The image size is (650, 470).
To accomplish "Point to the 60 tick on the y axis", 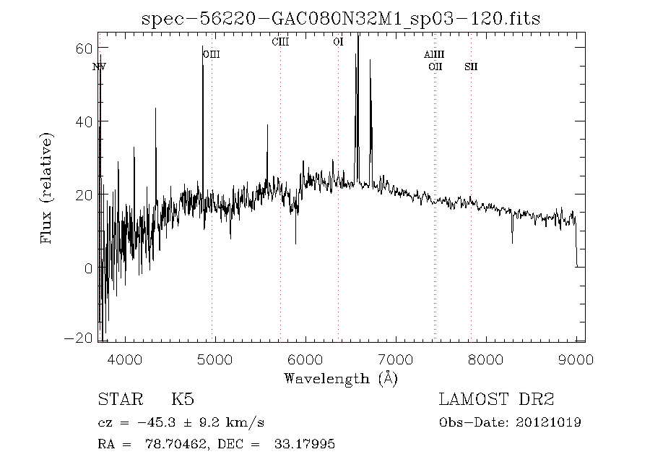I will coord(83,48).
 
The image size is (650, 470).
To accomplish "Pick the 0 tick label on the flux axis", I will coord(87,268).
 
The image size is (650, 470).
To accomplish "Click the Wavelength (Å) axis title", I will coord(341,377).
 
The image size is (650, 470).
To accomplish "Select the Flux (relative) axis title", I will coord(48,187).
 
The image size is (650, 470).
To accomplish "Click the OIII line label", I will coord(211,54).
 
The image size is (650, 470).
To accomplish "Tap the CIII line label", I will coord(280,41).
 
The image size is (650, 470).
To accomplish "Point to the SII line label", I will coord(471,67).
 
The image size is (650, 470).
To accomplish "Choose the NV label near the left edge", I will coord(100,67).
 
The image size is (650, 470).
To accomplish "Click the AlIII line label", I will coord(434,54).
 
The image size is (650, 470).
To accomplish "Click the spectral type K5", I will coord(182,399).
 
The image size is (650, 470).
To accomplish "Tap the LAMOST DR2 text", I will coord(496,399).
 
